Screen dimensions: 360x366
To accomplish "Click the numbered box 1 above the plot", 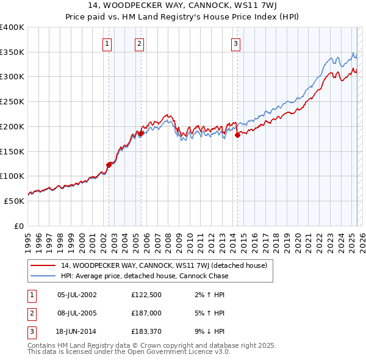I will pyautogui.click(x=107, y=43).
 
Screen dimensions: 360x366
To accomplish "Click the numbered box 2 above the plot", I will pyautogui.click(x=140, y=43).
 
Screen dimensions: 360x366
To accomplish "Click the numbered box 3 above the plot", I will pyautogui.click(x=235, y=43).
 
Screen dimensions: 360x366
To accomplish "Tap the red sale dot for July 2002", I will pyautogui.click(x=109, y=164).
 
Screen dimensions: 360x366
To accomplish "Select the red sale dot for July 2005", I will pyautogui.click(x=141, y=132).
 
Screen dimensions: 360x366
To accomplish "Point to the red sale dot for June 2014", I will pyautogui.click(x=237, y=135).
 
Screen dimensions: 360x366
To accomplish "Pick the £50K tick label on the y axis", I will pyautogui.click(x=14, y=201).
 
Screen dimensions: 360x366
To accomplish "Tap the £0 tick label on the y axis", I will pyautogui.click(x=18, y=226).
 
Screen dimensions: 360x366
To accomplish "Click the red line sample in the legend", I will pyautogui.click(x=44, y=265).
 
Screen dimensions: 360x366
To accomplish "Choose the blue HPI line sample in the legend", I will pyautogui.click(x=44, y=276).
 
